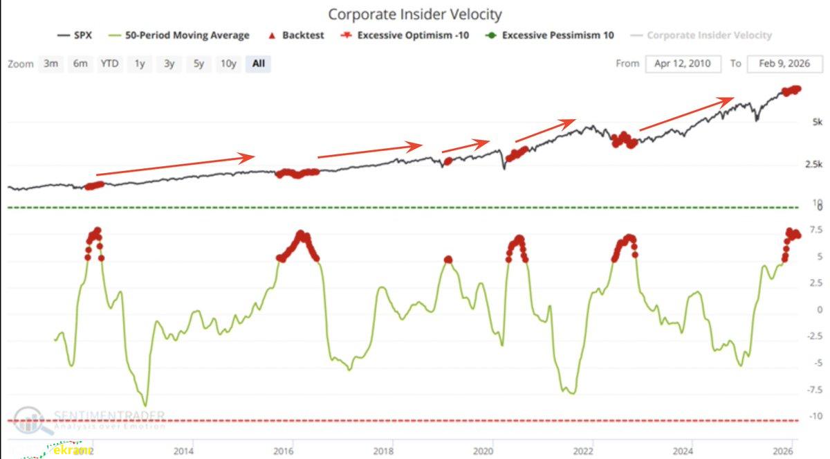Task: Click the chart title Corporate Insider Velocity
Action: click(x=415, y=14)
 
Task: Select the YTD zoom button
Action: click(x=109, y=64)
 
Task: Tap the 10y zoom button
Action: click(x=228, y=64)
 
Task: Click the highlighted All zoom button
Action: click(x=258, y=64)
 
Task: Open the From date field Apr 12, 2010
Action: click(x=683, y=64)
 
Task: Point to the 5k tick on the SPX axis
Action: click(x=817, y=123)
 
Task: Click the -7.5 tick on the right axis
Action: click(x=814, y=390)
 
